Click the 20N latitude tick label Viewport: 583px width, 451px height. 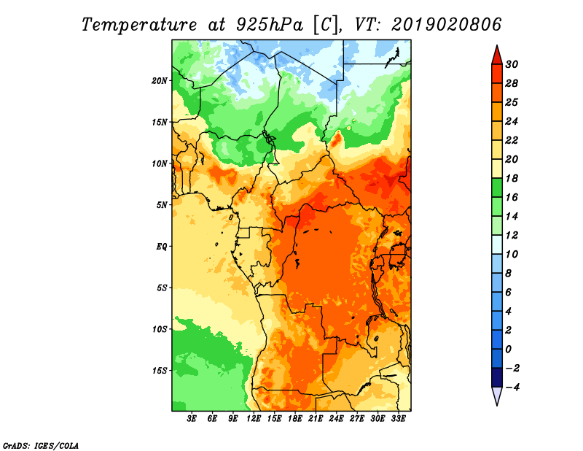(160, 80)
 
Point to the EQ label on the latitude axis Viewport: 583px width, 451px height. (162, 246)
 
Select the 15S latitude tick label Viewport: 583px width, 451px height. (160, 370)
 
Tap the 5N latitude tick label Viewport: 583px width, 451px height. (162, 204)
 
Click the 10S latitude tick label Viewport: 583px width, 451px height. (160, 329)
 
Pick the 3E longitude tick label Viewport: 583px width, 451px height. (192, 419)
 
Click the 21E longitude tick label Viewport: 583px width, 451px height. (316, 419)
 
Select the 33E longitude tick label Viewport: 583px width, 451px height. (398, 419)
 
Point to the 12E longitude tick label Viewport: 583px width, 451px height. (254, 419)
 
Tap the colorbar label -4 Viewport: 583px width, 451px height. (514, 387)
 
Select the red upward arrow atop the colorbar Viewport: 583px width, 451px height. (497, 54)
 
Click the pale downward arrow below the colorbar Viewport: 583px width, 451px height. (497, 396)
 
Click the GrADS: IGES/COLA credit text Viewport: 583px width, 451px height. (40, 444)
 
